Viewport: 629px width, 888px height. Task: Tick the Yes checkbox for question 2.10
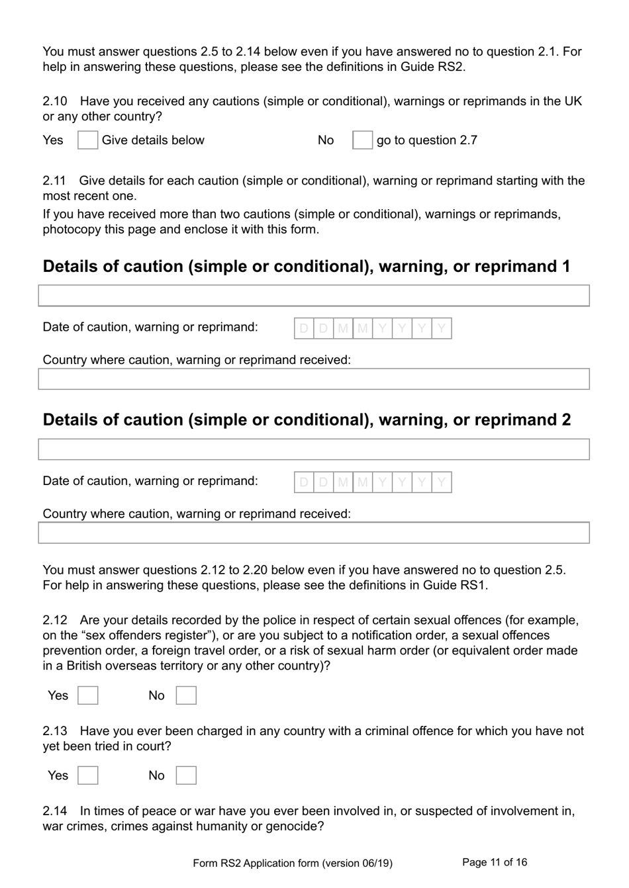pyautogui.click(x=87, y=140)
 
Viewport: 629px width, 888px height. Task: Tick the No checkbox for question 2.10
pyautogui.click(x=362, y=140)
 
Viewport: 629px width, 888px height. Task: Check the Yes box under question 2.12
pyautogui.click(x=87, y=695)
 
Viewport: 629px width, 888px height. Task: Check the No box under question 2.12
pyautogui.click(x=186, y=695)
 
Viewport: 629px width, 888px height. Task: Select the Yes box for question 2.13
pyautogui.click(x=87, y=776)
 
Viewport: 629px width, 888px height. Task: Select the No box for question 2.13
pyautogui.click(x=186, y=776)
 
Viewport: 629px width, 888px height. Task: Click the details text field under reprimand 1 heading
pyautogui.click(x=313, y=296)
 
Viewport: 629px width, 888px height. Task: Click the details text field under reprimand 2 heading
pyautogui.click(x=313, y=449)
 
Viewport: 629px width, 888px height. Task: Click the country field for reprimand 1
pyautogui.click(x=313, y=379)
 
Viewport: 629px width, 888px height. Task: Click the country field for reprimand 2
pyautogui.click(x=313, y=533)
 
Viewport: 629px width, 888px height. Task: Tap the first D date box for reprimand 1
pyautogui.click(x=304, y=328)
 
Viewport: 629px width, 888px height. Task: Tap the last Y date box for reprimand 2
pyautogui.click(x=442, y=482)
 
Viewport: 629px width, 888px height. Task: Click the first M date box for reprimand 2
pyautogui.click(x=343, y=482)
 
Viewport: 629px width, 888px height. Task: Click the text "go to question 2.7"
pyautogui.click(x=427, y=140)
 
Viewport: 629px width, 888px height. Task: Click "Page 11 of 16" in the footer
pyautogui.click(x=495, y=862)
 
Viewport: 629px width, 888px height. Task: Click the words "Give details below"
pyautogui.click(x=153, y=140)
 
